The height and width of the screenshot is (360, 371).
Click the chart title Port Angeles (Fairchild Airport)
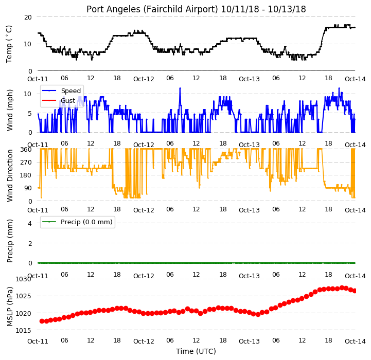(x=152, y=9)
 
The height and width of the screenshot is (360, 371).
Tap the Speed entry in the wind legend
(x=70, y=91)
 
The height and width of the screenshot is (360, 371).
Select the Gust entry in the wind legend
(x=68, y=101)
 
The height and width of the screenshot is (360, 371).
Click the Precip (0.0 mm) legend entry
(x=86, y=222)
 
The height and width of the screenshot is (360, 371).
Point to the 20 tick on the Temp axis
(x=28, y=17)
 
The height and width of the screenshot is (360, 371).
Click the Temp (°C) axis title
(x=9, y=44)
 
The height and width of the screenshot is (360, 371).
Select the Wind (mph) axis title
(x=9, y=110)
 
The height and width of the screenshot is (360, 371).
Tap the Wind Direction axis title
(x=9, y=175)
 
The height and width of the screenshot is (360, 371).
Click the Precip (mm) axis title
(x=9, y=241)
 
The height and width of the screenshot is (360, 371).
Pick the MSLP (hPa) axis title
(x=9, y=307)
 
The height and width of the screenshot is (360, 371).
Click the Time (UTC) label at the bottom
(x=196, y=351)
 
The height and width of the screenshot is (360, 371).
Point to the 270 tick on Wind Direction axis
(x=26, y=163)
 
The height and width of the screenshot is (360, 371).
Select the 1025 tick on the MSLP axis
(x=24, y=296)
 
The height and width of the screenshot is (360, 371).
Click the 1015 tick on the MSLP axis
(x=24, y=331)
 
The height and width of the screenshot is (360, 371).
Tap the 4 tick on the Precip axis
(x=30, y=224)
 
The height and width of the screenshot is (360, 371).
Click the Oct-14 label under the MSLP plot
(x=355, y=341)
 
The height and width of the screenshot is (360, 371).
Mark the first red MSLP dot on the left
(x=42, y=321)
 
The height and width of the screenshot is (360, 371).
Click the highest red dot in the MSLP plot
(x=342, y=287)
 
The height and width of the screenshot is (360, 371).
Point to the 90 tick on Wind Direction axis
(x=28, y=188)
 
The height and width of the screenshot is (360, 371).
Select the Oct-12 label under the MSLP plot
(x=144, y=341)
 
